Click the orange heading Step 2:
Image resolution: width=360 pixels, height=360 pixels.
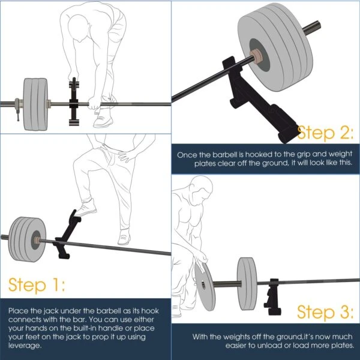[325, 132]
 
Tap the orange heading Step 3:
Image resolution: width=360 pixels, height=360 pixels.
[325, 311]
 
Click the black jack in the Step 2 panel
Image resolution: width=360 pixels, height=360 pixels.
[278, 112]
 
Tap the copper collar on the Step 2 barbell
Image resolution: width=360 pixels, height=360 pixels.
[257, 55]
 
